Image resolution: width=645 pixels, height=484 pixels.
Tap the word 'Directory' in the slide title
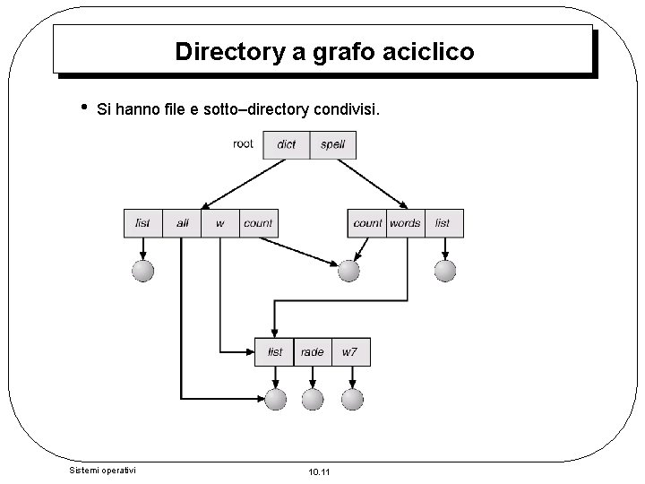coord(230,51)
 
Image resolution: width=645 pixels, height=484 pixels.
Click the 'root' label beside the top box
coord(243,143)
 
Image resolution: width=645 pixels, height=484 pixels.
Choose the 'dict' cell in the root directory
coord(287,145)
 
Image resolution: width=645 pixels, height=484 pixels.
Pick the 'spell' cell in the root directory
coord(332,145)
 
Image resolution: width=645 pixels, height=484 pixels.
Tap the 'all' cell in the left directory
coord(182,223)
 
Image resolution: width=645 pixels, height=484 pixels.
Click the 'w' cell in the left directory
coord(220,223)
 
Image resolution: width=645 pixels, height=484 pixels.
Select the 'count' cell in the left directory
coord(258,223)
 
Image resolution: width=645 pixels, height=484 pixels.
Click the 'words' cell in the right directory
coord(405,223)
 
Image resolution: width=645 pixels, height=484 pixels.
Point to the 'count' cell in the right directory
coord(367,223)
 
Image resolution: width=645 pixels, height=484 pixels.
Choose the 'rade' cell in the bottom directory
coord(312,352)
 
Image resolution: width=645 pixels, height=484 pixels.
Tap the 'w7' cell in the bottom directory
coord(349,352)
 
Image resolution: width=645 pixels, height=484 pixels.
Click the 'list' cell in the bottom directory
coord(274,352)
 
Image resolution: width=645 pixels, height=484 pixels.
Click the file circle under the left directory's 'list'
coord(142,270)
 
